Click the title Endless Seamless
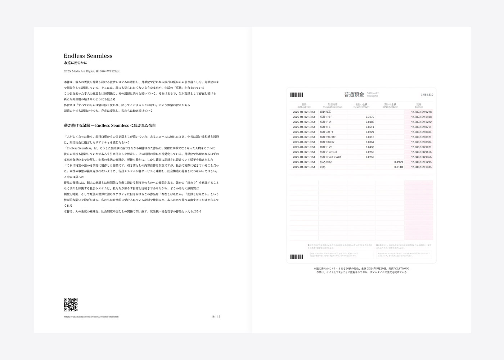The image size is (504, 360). click(x=88, y=56)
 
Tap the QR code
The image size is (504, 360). click(x=71, y=304)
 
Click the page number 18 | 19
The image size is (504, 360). click(x=216, y=317)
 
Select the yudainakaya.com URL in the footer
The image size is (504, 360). click(x=91, y=317)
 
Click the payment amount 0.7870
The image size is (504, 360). click(x=370, y=117)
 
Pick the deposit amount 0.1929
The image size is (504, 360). click(x=399, y=162)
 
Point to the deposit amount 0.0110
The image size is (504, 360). click(x=399, y=167)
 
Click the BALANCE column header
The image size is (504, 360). click(x=419, y=105)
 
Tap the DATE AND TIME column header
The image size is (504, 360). click(x=304, y=105)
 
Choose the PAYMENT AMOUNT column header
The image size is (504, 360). click(x=361, y=105)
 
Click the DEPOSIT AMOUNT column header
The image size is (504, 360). click(x=390, y=105)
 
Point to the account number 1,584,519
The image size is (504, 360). click(x=427, y=95)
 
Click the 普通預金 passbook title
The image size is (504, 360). click(x=354, y=95)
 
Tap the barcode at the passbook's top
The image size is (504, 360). click(x=296, y=95)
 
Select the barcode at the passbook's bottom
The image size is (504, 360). click(x=296, y=257)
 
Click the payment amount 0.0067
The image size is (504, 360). click(x=370, y=142)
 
